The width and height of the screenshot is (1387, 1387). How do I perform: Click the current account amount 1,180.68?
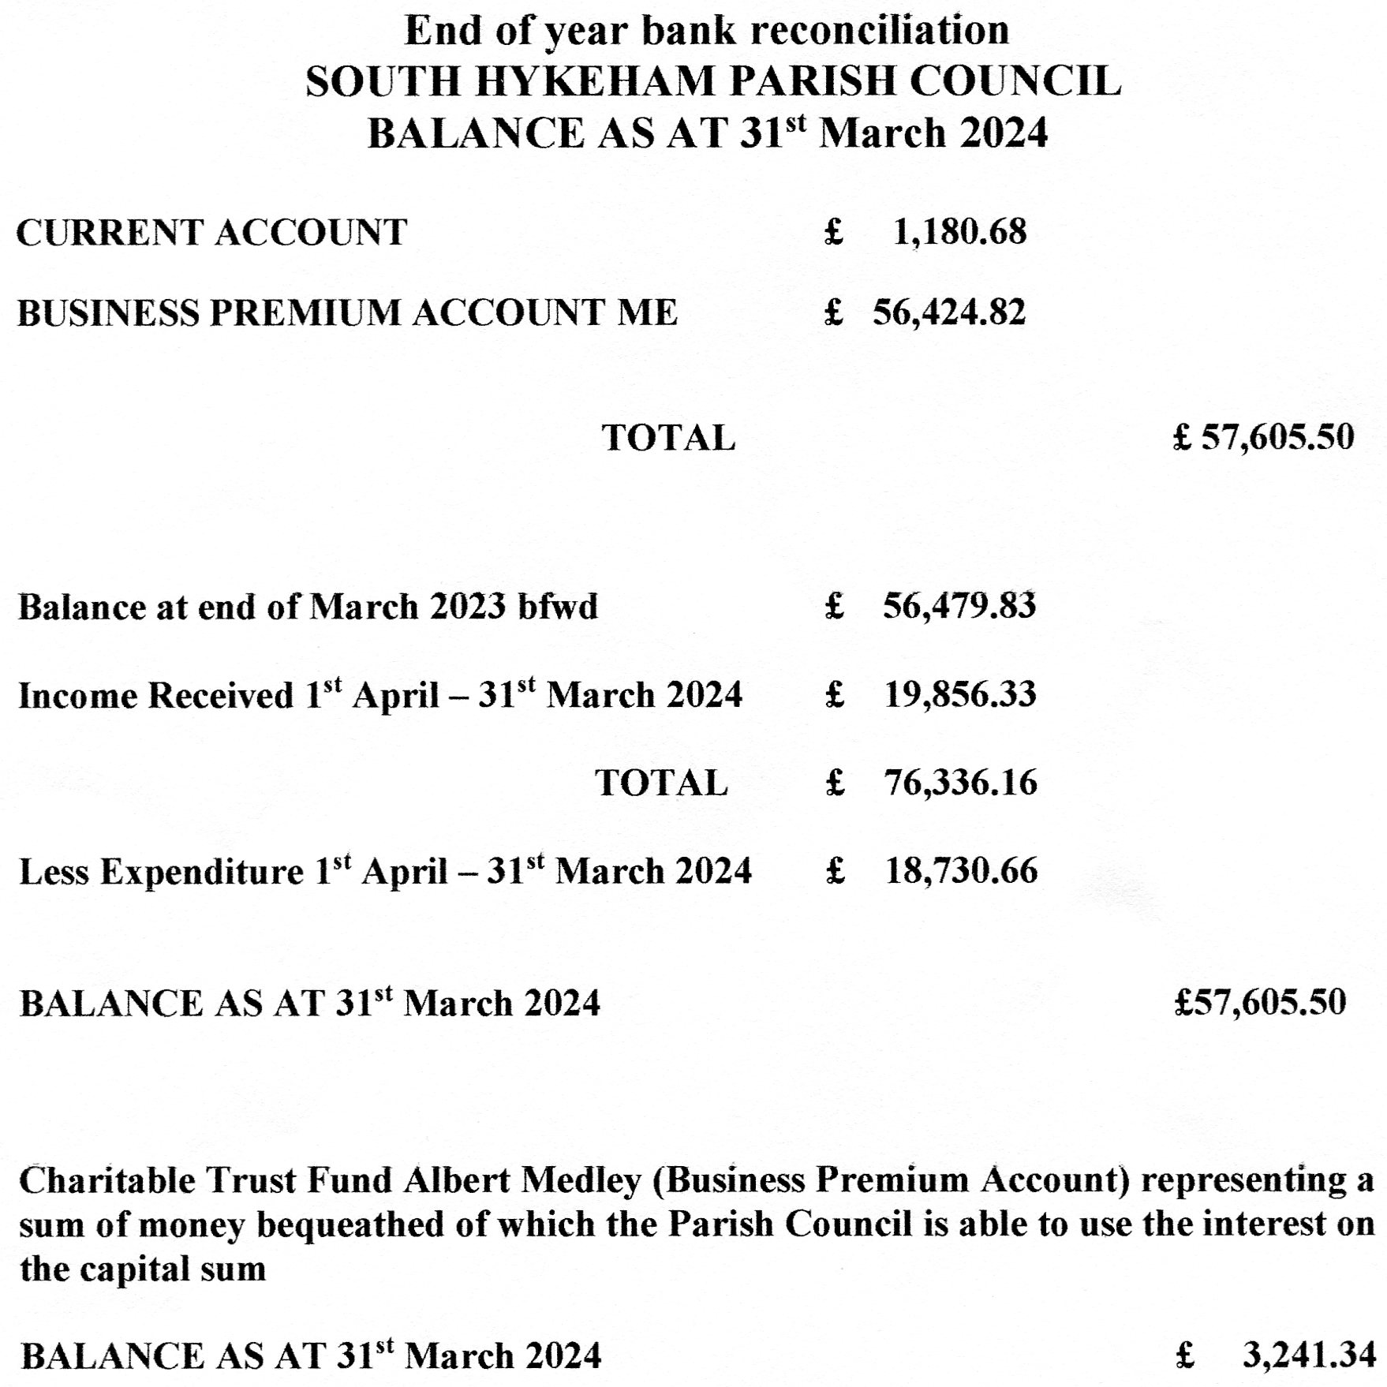coord(959,232)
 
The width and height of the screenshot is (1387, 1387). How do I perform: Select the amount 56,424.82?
coord(948,312)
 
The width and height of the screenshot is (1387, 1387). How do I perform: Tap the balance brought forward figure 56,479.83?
coord(959,606)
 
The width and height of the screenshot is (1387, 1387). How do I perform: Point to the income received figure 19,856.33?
coord(959,694)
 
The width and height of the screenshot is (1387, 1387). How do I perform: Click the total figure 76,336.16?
coord(960,783)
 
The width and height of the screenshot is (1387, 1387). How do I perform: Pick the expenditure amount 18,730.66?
coord(961,871)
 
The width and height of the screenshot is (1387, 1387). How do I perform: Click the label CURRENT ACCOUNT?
coord(211,233)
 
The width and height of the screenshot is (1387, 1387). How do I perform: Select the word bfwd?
coord(558,607)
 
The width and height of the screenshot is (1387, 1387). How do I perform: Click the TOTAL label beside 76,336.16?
coord(661,783)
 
